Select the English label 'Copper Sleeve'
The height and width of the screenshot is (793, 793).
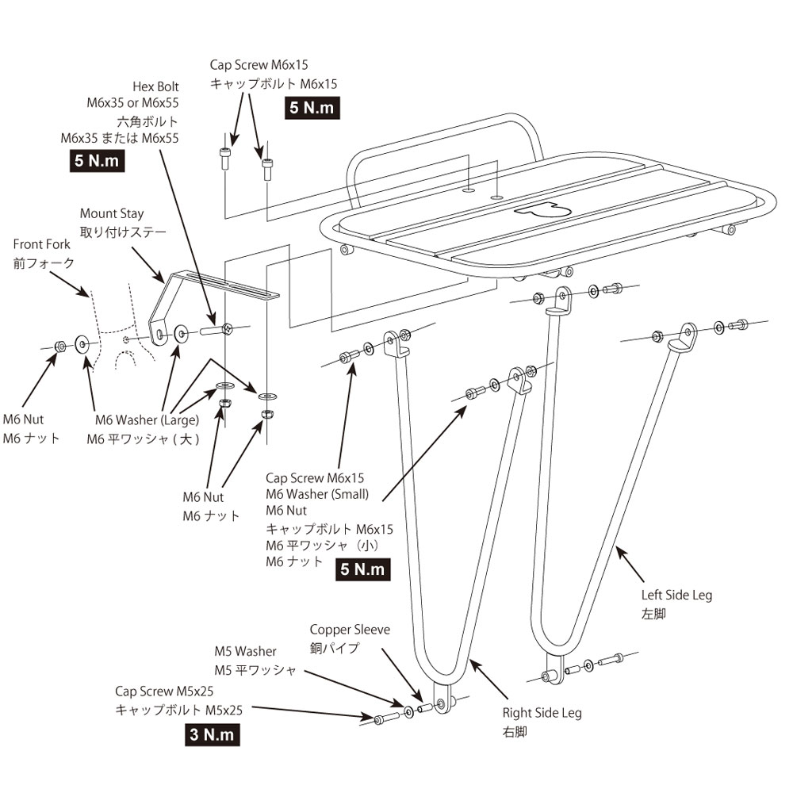(350, 630)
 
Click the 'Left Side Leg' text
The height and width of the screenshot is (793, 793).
(676, 595)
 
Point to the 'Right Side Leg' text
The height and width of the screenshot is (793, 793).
(542, 713)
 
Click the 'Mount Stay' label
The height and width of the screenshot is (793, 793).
(112, 213)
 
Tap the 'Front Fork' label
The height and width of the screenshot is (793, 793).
(42, 244)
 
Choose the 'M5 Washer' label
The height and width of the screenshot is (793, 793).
(245, 651)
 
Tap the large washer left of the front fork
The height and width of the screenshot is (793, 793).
(82, 343)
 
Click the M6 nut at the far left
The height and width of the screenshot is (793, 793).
(59, 346)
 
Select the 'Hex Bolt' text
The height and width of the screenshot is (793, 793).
(157, 86)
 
